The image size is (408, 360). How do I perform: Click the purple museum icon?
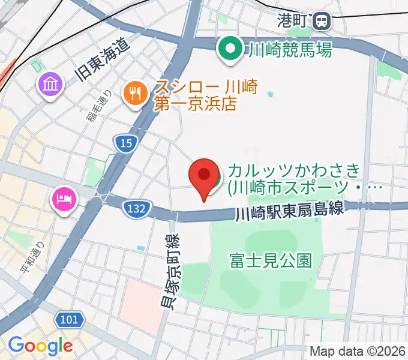pyautogui.click(x=50, y=84)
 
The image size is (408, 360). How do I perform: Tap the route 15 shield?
pyautogui.click(x=125, y=143)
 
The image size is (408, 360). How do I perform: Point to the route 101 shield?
pyautogui.click(x=70, y=319)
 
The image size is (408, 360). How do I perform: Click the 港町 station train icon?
pyautogui.click(x=322, y=22)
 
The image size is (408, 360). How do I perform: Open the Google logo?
pyautogui.click(x=40, y=346)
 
